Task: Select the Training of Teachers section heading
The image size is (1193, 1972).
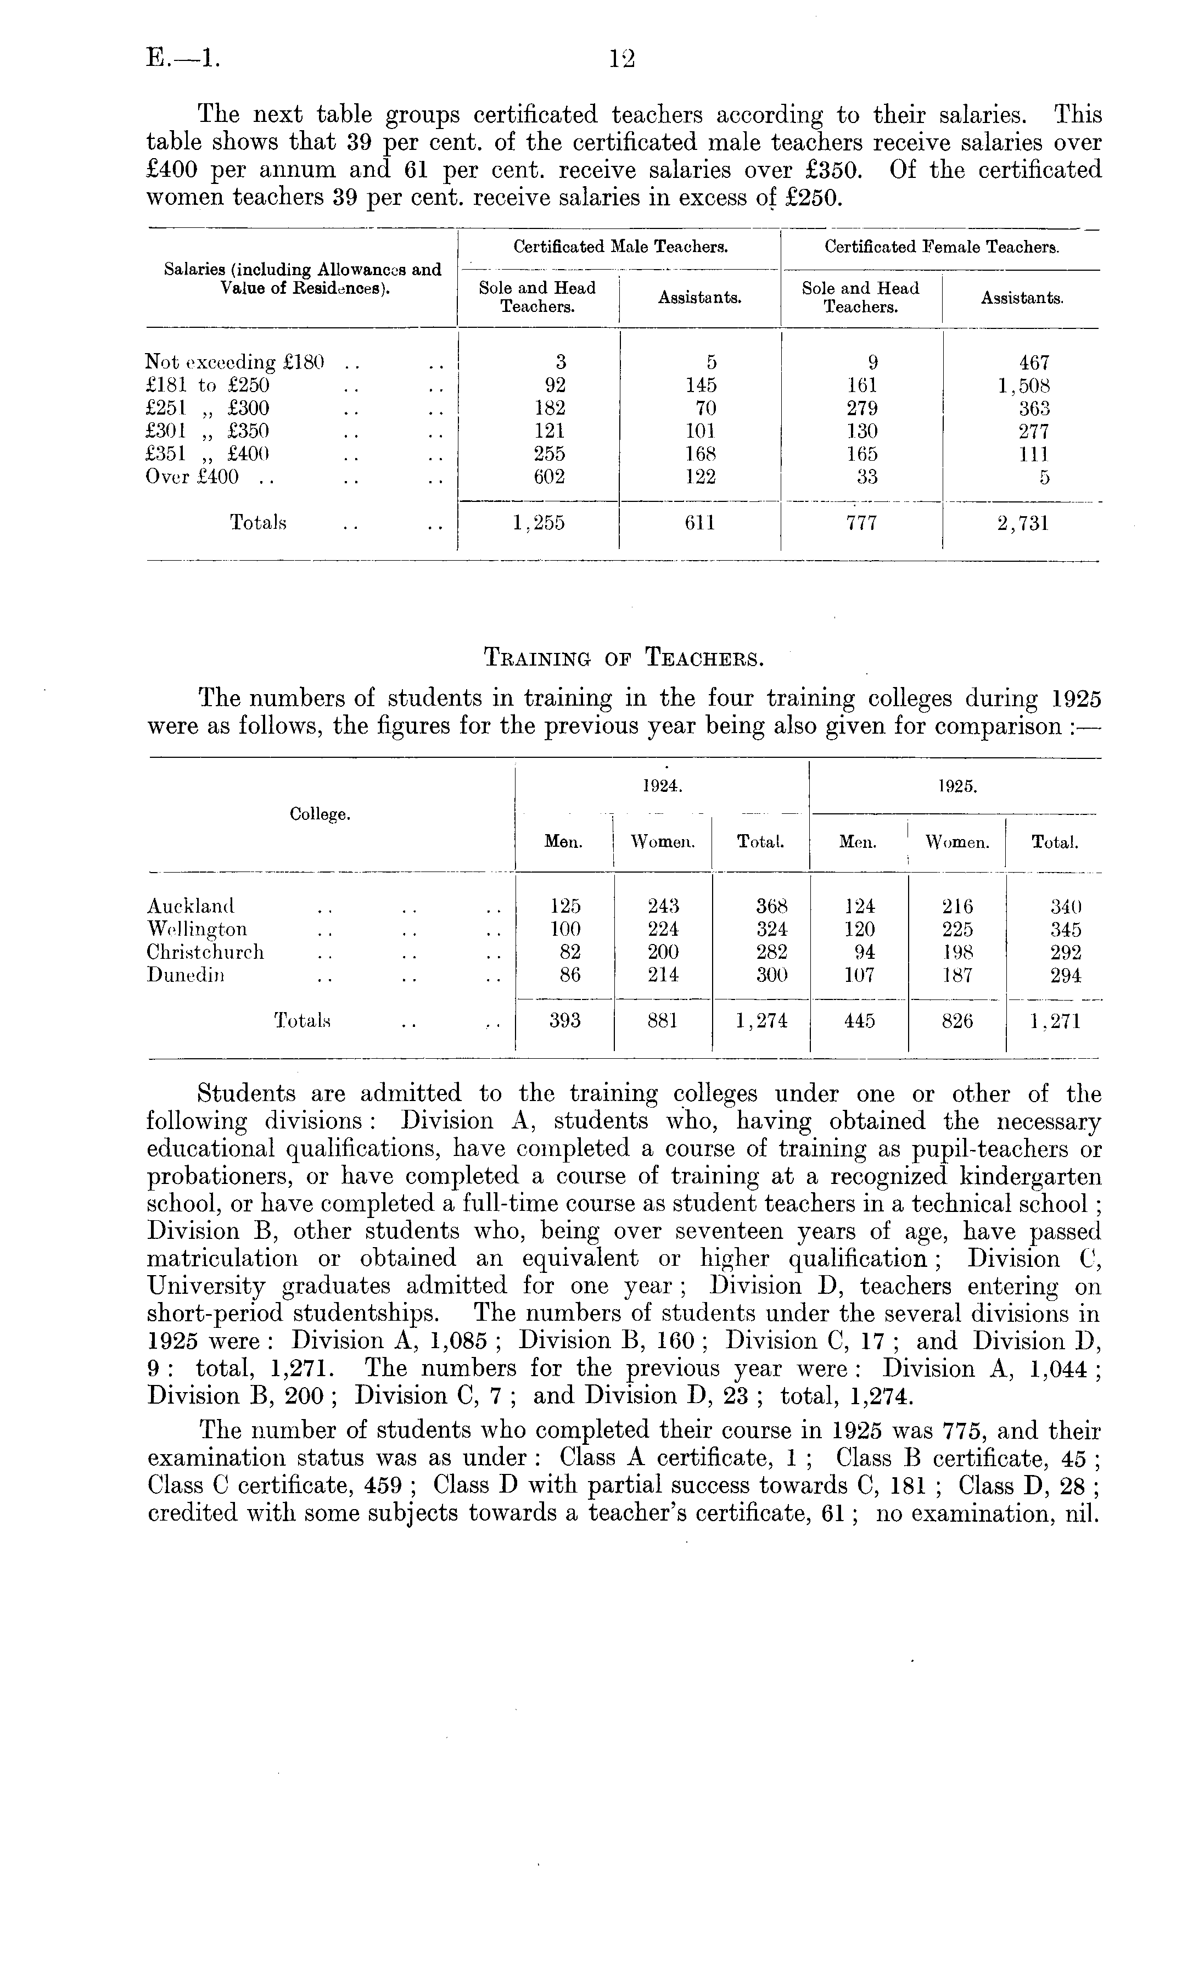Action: pyautogui.click(x=624, y=658)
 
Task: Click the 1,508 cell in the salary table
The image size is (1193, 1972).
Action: pyautogui.click(x=1023, y=386)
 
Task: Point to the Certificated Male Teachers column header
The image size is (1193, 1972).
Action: pyautogui.click(x=620, y=247)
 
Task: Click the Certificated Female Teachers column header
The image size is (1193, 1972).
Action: pyautogui.click(x=942, y=247)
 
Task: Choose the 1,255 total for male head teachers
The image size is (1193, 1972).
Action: pyautogui.click(x=539, y=523)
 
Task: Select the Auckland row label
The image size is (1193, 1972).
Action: pyautogui.click(x=191, y=907)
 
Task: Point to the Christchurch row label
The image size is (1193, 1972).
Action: pyautogui.click(x=205, y=952)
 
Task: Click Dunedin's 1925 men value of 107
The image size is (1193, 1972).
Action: pyautogui.click(x=859, y=976)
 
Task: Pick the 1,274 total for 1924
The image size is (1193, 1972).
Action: pyautogui.click(x=761, y=1021)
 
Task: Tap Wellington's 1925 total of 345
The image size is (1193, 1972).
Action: pyautogui.click(x=1065, y=930)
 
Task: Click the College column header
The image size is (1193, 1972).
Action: pyautogui.click(x=320, y=815)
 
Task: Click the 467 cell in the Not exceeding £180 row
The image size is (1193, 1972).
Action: pyautogui.click(x=1034, y=362)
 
